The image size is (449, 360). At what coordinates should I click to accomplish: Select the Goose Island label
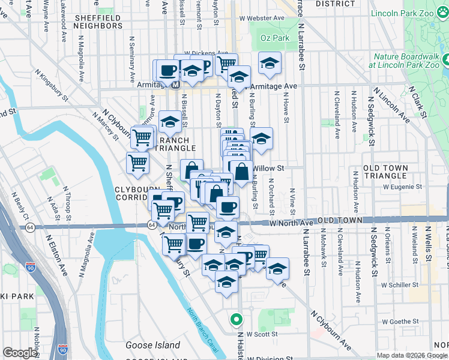152,345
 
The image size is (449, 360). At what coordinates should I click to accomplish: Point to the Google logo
20,353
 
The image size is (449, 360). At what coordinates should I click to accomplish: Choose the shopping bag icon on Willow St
241,172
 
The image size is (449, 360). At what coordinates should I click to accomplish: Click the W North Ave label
292,223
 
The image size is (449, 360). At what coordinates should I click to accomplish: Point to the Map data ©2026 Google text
412,355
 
